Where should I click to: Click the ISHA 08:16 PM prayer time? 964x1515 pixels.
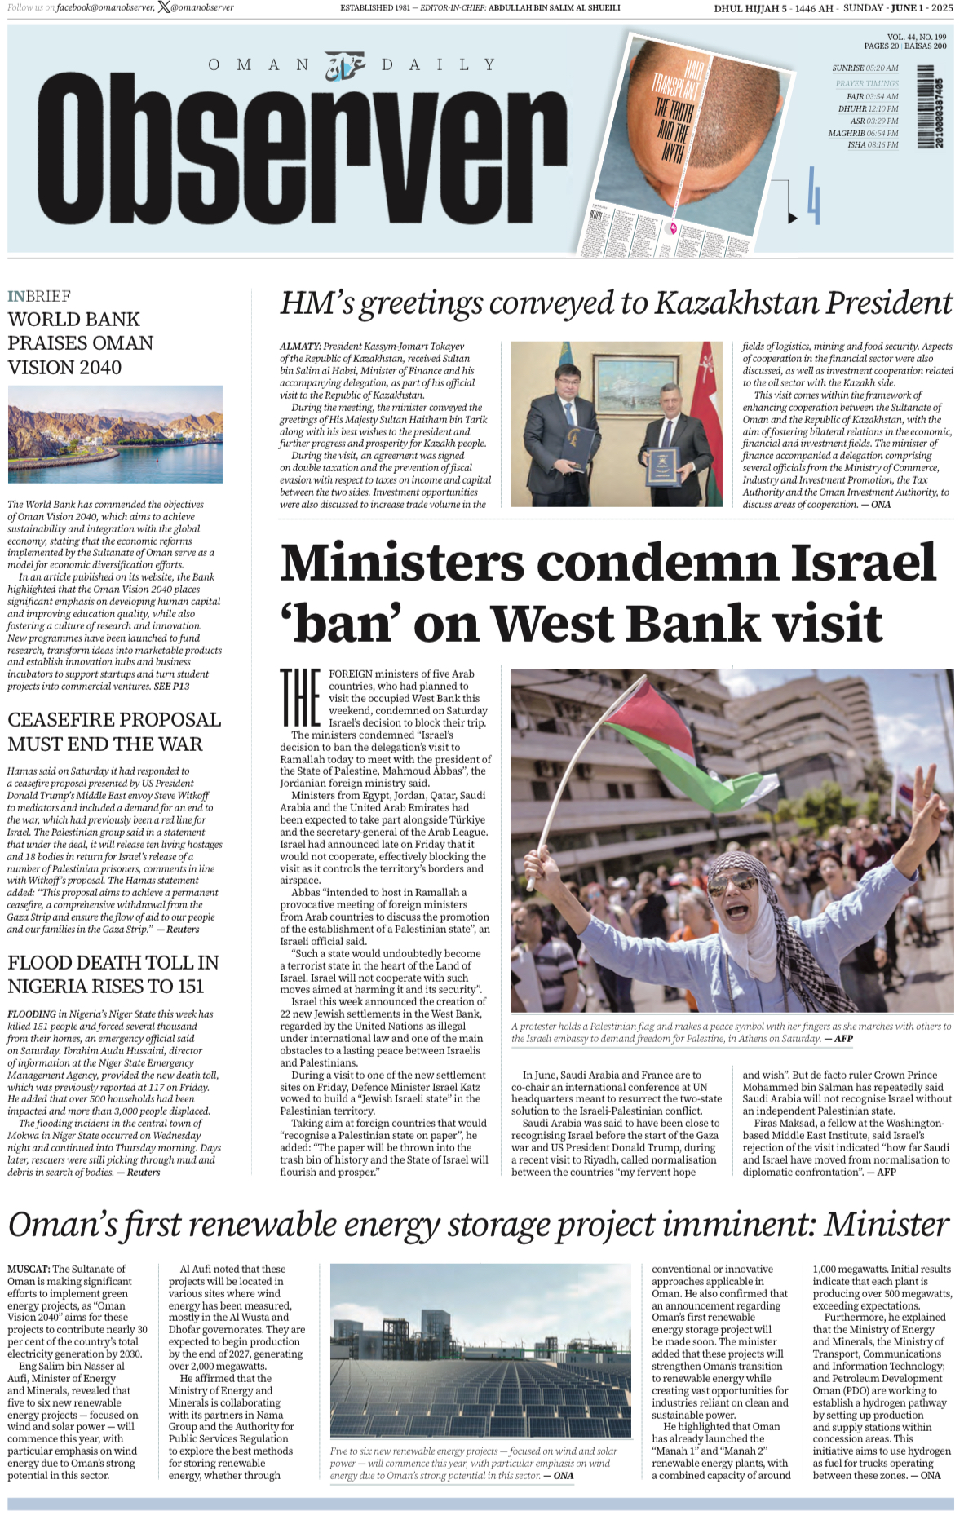pos(872,145)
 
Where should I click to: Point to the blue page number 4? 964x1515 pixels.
pos(812,196)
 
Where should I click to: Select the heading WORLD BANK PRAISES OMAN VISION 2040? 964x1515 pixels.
pos(80,343)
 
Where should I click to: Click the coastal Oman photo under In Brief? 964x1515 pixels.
pos(115,435)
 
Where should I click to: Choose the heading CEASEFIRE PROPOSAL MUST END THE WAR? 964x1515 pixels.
pos(114,731)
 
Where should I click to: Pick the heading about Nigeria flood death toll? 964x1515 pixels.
pos(113,974)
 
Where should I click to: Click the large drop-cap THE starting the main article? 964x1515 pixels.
pos(299,697)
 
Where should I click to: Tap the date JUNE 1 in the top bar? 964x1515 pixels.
pos(908,8)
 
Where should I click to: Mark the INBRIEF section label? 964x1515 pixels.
pos(39,296)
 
